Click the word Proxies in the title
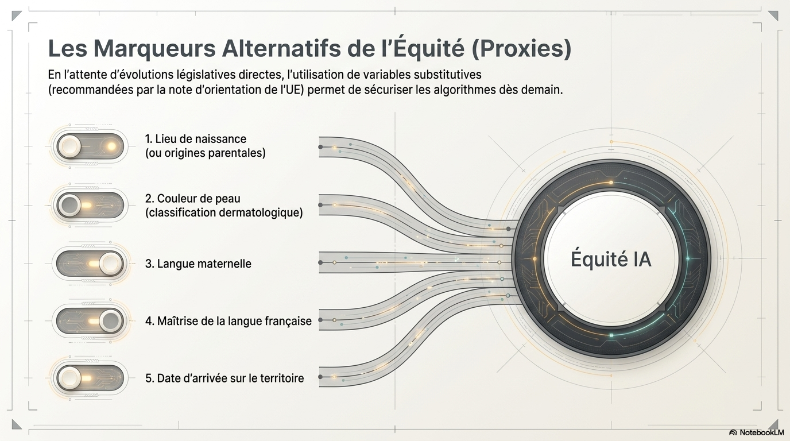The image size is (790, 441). point(521,49)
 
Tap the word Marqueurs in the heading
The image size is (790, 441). point(155,49)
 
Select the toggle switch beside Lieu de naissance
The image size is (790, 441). point(90,146)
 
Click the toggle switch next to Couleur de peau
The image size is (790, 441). point(90,205)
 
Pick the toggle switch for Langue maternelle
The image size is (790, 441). point(90,264)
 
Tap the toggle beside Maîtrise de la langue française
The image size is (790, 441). point(90,321)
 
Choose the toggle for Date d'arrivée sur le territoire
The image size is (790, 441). point(90,378)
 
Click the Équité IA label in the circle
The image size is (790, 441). point(611,260)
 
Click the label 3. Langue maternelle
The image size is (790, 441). point(198,264)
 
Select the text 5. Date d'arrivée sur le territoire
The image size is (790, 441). point(224,378)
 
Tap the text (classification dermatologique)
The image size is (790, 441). point(224,212)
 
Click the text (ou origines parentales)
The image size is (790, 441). point(206,153)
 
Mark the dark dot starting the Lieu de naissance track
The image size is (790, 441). point(320,147)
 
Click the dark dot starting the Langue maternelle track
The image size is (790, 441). point(320,262)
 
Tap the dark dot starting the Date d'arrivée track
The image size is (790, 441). point(320,377)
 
